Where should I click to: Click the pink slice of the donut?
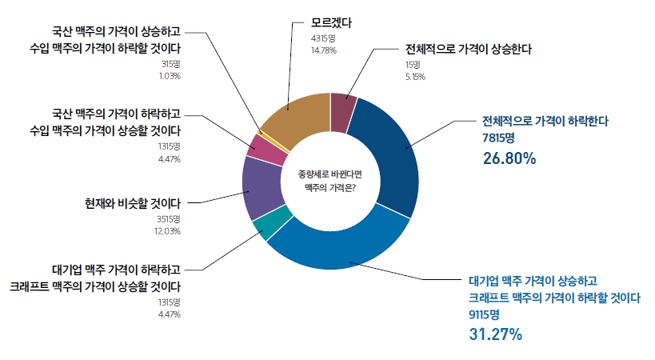(x=260, y=146)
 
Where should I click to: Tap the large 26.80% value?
(x=509, y=158)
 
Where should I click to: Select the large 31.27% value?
(x=495, y=334)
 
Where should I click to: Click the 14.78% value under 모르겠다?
(x=324, y=50)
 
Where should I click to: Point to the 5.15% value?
(x=415, y=77)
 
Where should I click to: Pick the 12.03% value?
(x=169, y=231)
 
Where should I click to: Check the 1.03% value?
(x=171, y=75)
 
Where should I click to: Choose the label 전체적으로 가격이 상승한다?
(x=468, y=49)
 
